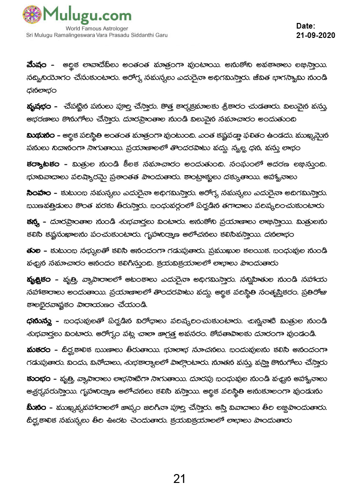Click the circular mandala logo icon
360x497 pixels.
point(32,15)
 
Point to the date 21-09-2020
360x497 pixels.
point(315,36)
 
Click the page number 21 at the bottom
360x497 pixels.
point(180,479)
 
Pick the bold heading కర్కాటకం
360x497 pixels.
point(43,164)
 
